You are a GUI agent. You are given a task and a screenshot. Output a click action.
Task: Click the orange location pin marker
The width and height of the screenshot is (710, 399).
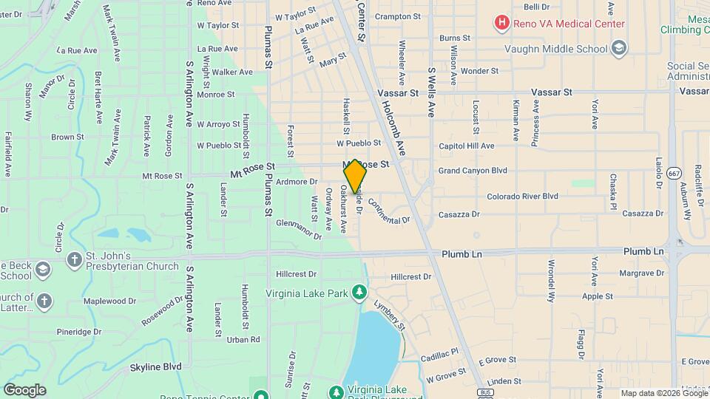pyautogui.click(x=355, y=176)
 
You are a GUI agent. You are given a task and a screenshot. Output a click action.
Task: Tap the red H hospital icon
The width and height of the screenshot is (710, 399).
pyautogui.click(x=502, y=24)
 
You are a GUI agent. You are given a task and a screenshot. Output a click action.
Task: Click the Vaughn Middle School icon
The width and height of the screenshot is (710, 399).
pyautogui.click(x=619, y=50)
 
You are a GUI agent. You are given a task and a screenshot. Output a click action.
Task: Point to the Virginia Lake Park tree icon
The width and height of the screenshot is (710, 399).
pyautogui.click(x=359, y=293)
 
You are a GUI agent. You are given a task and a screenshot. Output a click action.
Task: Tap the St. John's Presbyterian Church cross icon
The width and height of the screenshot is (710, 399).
pyautogui.click(x=74, y=260)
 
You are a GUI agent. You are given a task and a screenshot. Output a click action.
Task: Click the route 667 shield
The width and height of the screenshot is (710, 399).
pyautogui.click(x=673, y=173)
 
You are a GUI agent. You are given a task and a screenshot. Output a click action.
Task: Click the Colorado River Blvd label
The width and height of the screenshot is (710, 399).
pyautogui.click(x=522, y=197)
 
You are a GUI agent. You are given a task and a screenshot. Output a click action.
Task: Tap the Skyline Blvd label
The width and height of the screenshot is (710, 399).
pyautogui.click(x=155, y=366)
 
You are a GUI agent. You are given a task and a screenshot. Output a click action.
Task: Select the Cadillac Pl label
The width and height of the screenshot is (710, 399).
pyautogui.click(x=441, y=355)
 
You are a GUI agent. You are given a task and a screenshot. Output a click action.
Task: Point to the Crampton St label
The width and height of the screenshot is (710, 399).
pyautogui.click(x=397, y=16)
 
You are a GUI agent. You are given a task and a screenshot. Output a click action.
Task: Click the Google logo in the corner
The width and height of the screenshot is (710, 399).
pyautogui.click(x=25, y=389)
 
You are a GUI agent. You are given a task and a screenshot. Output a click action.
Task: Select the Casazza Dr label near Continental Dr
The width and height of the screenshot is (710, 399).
pyautogui.click(x=459, y=214)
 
